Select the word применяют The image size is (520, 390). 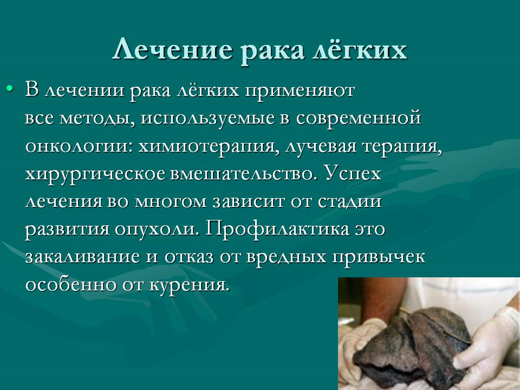pyautogui.click(x=300, y=91)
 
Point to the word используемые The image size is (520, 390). pyautogui.click(x=208, y=119)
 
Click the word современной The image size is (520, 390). pyautogui.click(x=359, y=119)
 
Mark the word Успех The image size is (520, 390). pyautogui.click(x=353, y=173)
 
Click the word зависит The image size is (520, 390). pyautogui.click(x=249, y=202)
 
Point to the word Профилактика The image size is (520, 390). pyautogui.click(x=277, y=229)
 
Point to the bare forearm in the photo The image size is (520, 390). pyautogui.click(x=381, y=298)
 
